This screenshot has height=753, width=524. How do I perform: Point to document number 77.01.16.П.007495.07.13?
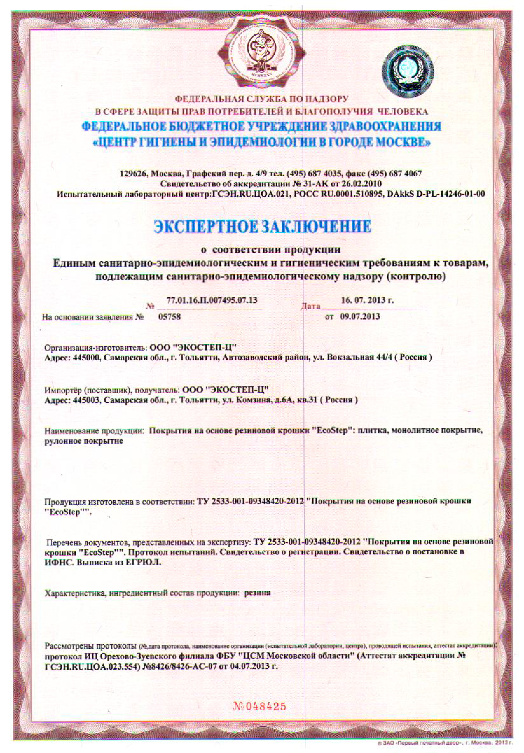(x=212, y=300)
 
